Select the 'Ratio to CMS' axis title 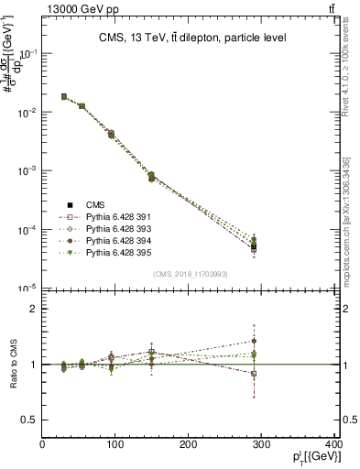(12, 365)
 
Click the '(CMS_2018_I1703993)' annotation (191, 274)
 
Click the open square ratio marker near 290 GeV (254, 374)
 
